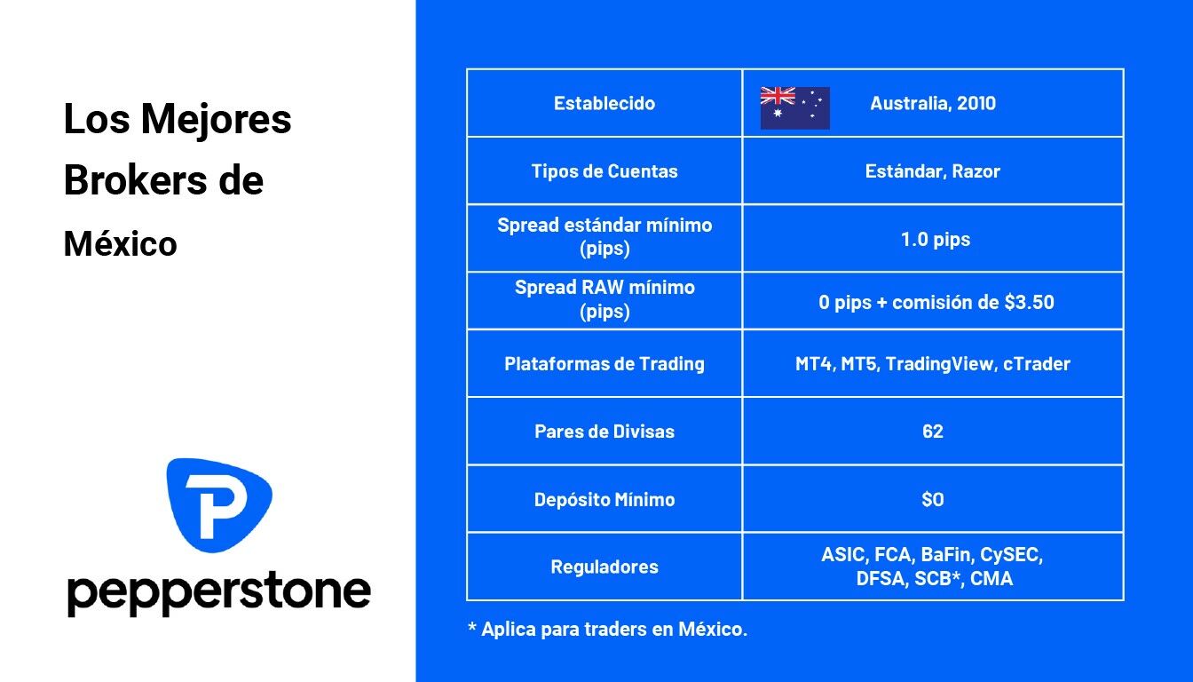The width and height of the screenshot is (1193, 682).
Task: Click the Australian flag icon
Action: (794, 107)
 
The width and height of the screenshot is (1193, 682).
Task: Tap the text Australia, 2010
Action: (933, 103)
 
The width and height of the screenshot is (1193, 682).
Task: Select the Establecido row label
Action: (604, 103)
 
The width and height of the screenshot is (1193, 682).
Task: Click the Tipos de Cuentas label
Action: (604, 171)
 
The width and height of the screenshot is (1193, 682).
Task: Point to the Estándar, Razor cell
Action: (933, 171)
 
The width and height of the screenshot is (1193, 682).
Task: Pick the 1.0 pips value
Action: (936, 240)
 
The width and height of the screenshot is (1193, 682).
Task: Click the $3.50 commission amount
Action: (1029, 302)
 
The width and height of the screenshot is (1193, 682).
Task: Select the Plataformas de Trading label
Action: (604, 364)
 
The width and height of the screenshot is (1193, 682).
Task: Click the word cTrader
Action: (1037, 364)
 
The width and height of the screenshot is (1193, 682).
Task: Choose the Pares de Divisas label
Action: (604, 432)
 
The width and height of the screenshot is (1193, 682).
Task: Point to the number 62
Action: (933, 432)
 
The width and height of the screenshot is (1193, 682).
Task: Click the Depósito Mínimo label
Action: (604, 500)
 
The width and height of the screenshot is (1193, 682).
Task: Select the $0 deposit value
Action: (933, 500)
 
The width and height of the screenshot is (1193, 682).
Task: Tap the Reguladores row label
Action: (604, 567)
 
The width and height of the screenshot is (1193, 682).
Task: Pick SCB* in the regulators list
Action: (939, 579)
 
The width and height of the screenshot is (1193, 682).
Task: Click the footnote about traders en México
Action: (607, 630)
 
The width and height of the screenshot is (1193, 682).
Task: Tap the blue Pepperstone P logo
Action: (219, 504)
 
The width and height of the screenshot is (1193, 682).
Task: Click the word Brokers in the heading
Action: (135, 180)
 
